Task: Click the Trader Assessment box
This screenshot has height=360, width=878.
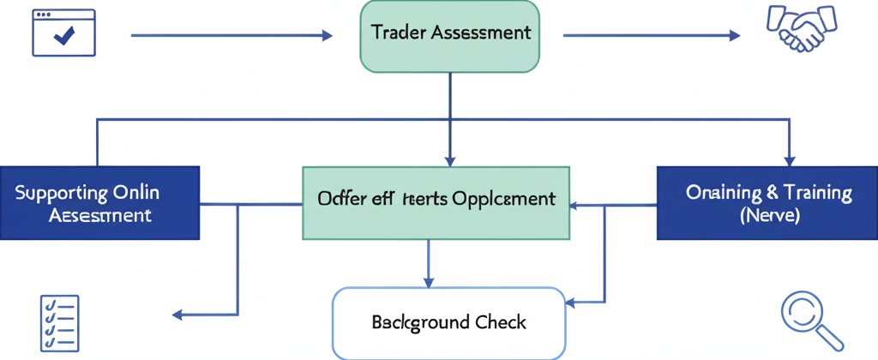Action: tap(449, 35)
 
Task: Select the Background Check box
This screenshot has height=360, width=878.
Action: tap(448, 322)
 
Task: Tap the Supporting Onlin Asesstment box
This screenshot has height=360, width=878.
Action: tap(99, 203)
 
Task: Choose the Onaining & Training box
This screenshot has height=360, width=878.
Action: tap(767, 203)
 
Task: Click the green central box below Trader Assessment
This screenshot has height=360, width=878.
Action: tap(436, 203)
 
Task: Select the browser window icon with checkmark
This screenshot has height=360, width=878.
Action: tap(63, 33)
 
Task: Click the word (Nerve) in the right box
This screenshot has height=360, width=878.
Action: tap(768, 216)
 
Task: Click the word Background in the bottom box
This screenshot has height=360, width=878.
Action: tap(420, 322)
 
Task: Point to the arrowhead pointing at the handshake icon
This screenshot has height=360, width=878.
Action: tap(734, 35)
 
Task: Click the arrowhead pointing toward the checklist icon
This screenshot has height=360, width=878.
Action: tap(178, 315)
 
